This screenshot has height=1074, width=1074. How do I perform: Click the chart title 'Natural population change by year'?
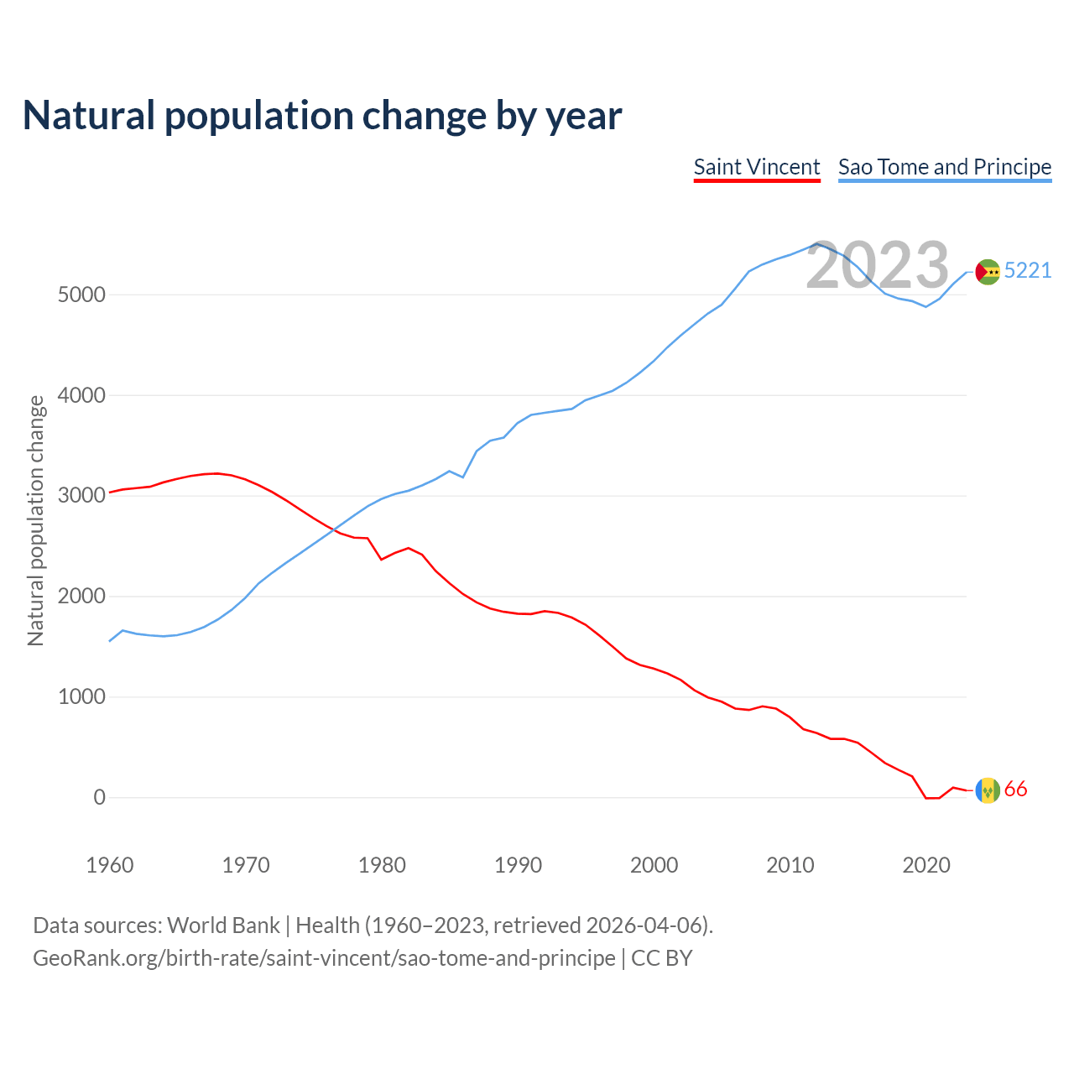(x=322, y=116)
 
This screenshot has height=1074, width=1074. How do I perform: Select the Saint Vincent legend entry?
(x=757, y=167)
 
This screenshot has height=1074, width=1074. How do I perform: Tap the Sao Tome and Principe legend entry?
(x=945, y=167)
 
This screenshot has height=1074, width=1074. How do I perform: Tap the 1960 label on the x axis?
(x=110, y=865)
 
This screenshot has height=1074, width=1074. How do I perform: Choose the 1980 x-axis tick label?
(x=382, y=865)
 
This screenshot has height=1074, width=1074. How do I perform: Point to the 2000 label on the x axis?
(x=654, y=865)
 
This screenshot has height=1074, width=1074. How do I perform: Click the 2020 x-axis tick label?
(x=925, y=865)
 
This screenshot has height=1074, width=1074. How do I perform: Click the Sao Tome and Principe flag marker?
(x=988, y=272)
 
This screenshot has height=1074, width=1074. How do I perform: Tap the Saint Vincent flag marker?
(x=988, y=790)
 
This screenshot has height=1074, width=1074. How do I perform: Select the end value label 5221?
(x=1028, y=270)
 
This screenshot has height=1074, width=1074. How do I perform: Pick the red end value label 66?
(x=1015, y=790)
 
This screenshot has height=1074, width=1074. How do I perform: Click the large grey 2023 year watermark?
(x=877, y=265)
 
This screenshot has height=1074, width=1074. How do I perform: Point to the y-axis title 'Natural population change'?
(x=36, y=520)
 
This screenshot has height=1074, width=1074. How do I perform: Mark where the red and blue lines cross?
(x=332, y=531)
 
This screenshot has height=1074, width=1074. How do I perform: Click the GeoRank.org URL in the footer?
(x=324, y=958)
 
